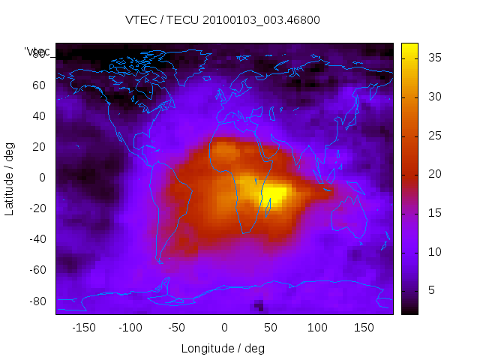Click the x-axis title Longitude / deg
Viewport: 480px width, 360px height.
coord(223,348)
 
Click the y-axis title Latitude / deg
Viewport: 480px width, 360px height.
coord(10,177)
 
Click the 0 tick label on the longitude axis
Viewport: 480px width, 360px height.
coord(224,327)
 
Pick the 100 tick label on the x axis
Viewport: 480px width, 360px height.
coord(317,327)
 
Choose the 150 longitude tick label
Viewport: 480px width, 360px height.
coord(364,327)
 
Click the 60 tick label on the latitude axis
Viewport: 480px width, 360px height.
coord(39,85)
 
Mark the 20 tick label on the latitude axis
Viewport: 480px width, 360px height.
coord(39,146)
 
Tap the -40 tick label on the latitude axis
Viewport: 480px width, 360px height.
coord(37,239)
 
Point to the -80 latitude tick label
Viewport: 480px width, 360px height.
coord(37,301)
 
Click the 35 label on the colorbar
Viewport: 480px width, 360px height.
coord(431,58)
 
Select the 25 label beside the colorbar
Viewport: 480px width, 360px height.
coord(431,135)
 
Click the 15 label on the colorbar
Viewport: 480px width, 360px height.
coord(431,212)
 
